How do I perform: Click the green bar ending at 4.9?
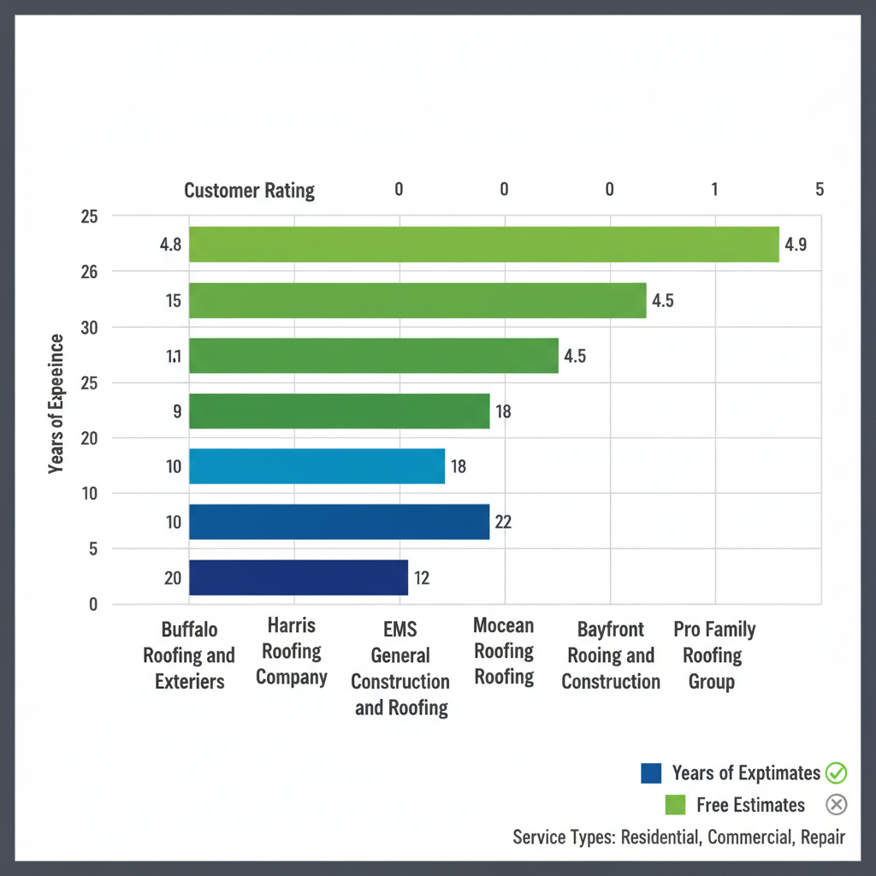tap(483, 244)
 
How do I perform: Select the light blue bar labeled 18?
tap(317, 466)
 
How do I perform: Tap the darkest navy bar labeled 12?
tap(298, 577)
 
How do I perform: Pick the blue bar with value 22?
tap(339, 522)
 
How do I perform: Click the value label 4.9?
tap(796, 245)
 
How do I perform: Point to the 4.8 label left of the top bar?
tap(170, 245)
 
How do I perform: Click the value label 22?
tap(503, 522)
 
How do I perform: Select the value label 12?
tap(422, 578)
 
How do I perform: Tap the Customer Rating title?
tap(249, 190)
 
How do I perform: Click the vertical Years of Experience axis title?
tap(56, 403)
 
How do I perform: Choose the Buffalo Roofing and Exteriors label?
tap(189, 655)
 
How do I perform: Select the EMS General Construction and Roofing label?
tap(400, 668)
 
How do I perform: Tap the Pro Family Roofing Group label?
tap(713, 655)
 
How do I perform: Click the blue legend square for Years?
tap(651, 773)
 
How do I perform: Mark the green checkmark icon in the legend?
tap(836, 773)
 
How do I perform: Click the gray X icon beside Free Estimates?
tap(836, 805)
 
